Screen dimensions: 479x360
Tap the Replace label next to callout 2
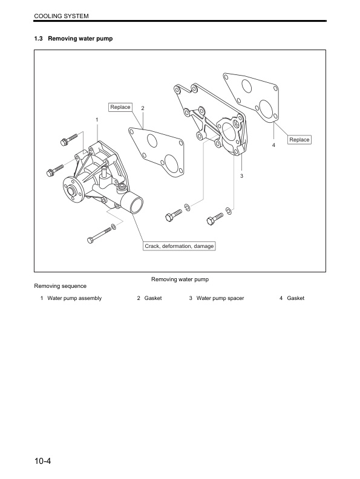[120, 107]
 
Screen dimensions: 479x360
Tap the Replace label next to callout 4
[299, 140]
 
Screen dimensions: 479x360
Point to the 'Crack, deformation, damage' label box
[179, 246]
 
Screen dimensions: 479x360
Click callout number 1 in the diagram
[97, 119]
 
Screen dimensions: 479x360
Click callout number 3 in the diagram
[241, 175]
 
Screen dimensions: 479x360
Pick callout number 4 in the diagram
[273, 145]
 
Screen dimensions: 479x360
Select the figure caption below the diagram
[180, 279]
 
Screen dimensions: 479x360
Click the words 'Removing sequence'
[60, 285]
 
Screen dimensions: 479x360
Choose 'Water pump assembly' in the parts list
[74, 298]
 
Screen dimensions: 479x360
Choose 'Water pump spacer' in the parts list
[220, 298]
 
